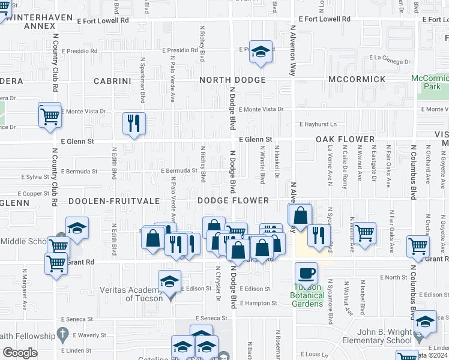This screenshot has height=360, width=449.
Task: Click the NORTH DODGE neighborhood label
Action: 232,80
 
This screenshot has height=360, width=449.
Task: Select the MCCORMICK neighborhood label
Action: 357,79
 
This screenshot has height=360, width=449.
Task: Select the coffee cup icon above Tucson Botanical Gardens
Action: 306,273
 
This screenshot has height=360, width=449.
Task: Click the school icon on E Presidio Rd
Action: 261,52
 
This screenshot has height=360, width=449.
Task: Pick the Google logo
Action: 19,353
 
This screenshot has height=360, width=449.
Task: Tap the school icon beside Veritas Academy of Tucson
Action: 170,281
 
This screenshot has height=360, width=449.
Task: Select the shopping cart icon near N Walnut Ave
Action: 364,232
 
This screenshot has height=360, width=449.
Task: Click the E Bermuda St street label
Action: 179,170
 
